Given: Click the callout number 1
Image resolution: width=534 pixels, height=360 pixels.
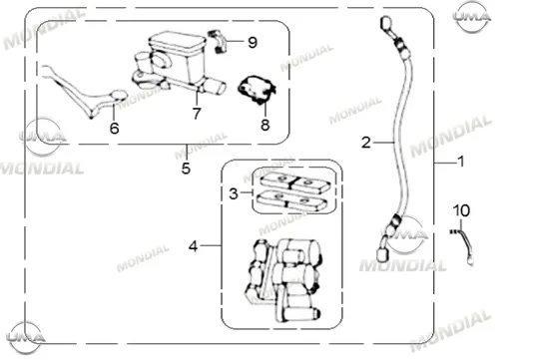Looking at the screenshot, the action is tap(461, 162).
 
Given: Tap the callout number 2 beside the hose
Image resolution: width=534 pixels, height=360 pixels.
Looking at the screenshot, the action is tap(365, 143).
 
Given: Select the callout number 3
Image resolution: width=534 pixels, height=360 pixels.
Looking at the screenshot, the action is tap(234, 193).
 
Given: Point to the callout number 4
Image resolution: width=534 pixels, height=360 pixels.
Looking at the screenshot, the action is tap(193, 246).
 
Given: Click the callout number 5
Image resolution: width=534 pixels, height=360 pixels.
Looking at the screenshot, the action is tap(186, 169).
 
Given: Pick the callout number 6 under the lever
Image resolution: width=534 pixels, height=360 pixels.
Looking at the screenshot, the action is tap(115, 129).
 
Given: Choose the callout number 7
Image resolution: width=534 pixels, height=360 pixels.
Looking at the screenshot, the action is tap(197, 114).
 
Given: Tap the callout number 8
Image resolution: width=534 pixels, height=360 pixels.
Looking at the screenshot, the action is tap(266, 125).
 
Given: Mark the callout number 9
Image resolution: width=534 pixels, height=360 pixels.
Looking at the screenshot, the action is tap(253, 43).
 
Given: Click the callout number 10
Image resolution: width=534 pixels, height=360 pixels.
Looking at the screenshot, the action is tap(462, 210).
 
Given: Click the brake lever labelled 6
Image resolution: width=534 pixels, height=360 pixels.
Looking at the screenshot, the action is tap(84, 91).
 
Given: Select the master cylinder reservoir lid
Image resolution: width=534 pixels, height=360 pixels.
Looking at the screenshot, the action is tap(177, 43).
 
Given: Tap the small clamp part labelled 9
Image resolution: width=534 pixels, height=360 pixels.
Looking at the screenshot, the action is tap(217, 41).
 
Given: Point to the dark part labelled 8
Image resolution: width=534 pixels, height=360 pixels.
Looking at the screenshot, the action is tap(257, 90).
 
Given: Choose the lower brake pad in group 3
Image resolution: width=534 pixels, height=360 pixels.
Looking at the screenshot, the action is tap(291, 200).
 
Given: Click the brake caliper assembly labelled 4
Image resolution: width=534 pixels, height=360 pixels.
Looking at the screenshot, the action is tap(282, 280).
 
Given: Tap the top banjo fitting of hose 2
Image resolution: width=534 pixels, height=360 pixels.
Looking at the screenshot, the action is tap(387, 25).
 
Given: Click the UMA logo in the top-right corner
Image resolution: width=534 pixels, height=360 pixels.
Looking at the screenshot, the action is tap(472, 16).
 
